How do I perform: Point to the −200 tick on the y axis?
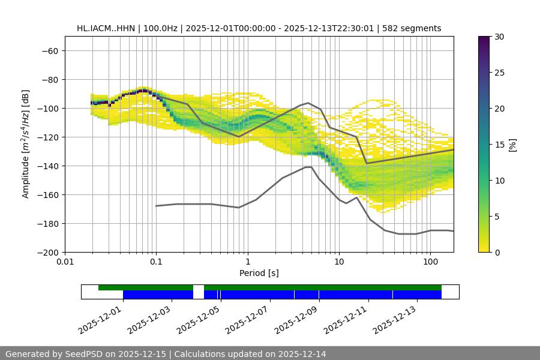[47, 252]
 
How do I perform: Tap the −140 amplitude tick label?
[47, 166]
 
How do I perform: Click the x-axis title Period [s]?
[259, 273]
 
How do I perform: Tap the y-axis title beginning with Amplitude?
[26, 144]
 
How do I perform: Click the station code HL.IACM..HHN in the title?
[106, 28]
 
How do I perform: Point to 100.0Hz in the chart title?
[161, 28]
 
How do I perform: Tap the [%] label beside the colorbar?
[513, 144]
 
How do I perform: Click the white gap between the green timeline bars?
[199, 287]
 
